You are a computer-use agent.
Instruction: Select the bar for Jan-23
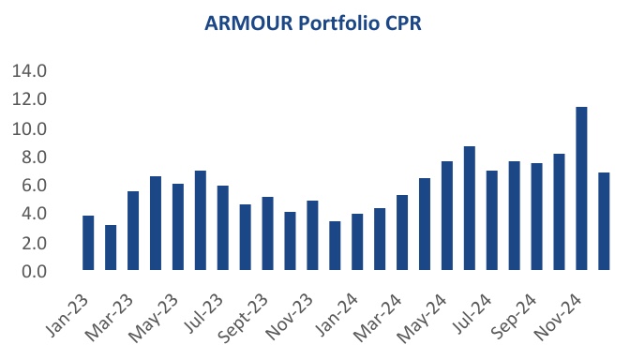[x=88, y=244]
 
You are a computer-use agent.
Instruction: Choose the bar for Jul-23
[x=222, y=229]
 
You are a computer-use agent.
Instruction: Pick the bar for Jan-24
[x=357, y=243]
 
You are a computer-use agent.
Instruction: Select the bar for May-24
[x=447, y=217]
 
